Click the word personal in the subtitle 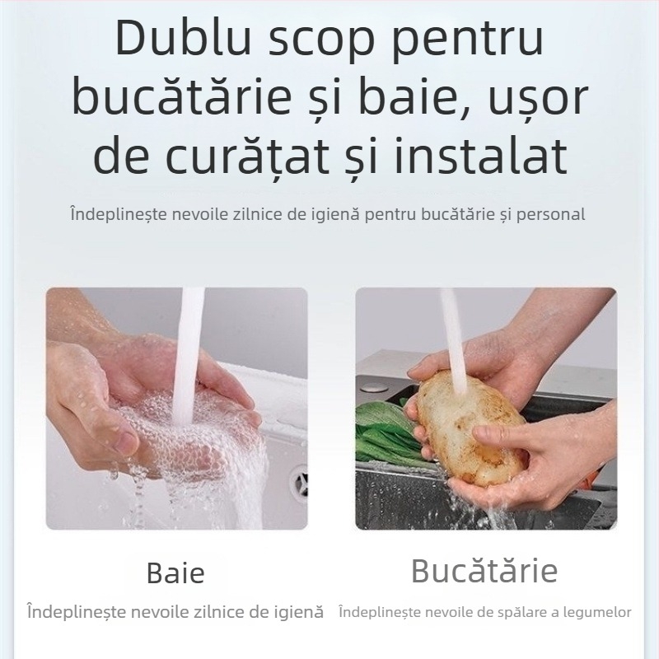tap(552, 215)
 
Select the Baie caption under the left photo tap(175, 573)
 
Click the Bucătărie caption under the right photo tap(484, 570)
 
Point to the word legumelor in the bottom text tap(599, 612)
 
